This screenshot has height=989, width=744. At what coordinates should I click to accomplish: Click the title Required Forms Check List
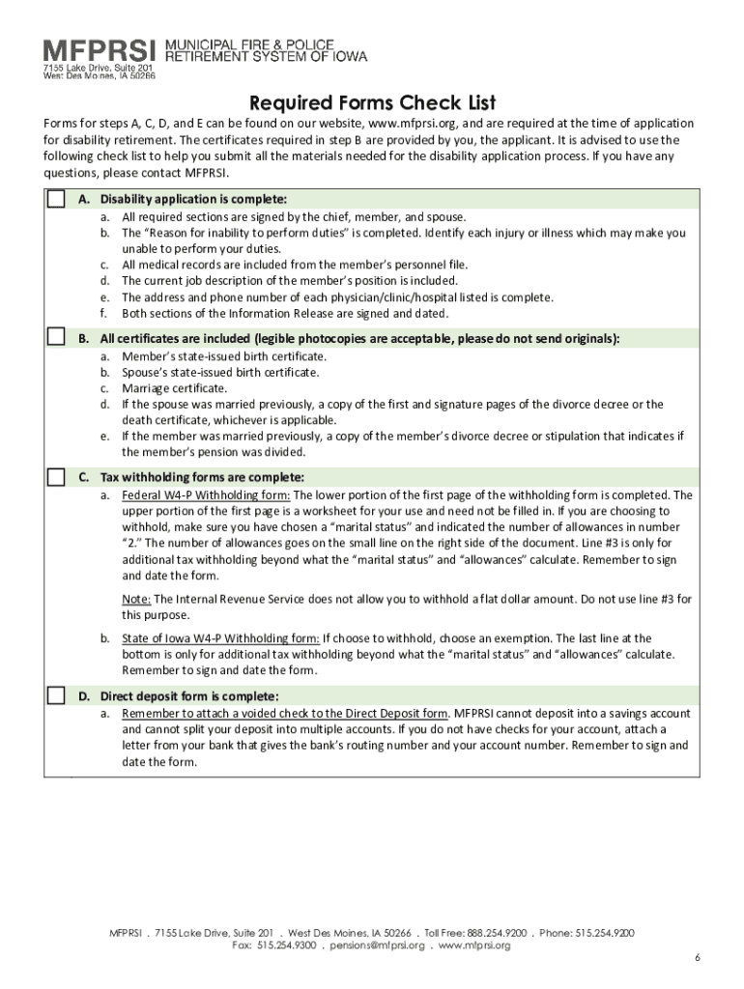click(x=372, y=102)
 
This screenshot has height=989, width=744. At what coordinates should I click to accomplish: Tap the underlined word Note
click(x=136, y=599)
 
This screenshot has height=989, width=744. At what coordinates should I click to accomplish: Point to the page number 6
click(x=697, y=957)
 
